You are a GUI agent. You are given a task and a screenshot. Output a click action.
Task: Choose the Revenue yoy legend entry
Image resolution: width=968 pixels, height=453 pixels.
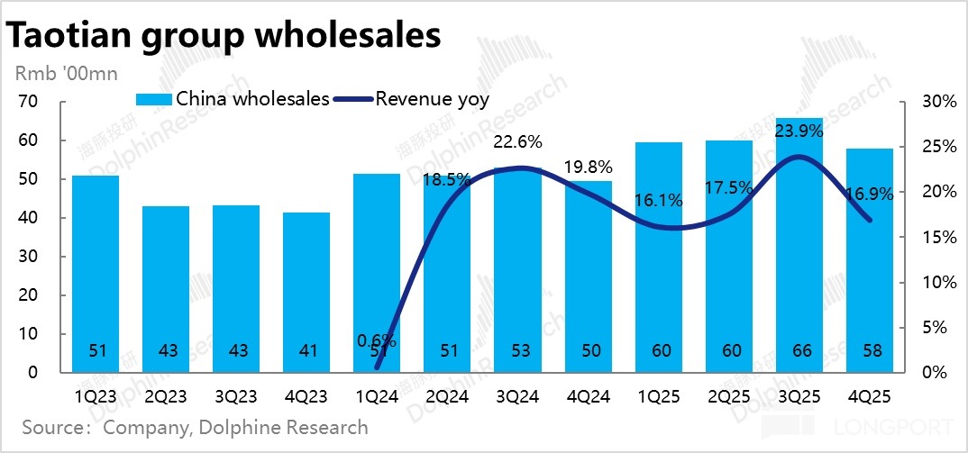tap(415, 99)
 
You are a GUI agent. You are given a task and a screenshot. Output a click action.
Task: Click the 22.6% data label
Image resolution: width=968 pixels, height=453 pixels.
tap(517, 141)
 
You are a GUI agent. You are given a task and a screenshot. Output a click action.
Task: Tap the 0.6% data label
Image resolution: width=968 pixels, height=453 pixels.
tap(377, 340)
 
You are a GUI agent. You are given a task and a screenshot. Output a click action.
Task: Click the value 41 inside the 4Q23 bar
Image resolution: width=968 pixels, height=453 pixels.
tap(306, 351)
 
